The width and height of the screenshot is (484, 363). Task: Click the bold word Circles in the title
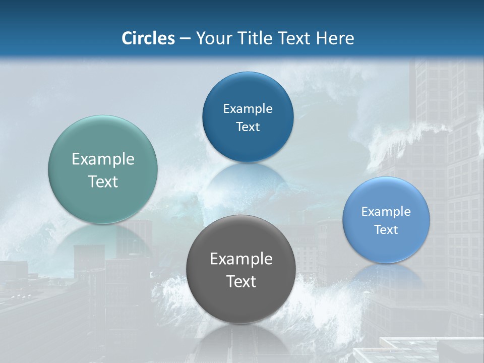click(148, 38)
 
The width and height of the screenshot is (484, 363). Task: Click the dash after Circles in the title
click(185, 39)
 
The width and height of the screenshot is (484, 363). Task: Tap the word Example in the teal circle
click(103, 159)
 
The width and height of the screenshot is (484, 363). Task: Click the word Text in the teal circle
click(103, 181)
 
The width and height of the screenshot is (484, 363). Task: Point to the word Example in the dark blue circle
click(248, 108)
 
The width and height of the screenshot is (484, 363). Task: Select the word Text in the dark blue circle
click(248, 127)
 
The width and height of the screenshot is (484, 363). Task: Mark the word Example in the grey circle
click(241, 259)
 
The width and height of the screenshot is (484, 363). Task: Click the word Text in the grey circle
click(241, 281)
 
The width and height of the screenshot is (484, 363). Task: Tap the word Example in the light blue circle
click(386, 212)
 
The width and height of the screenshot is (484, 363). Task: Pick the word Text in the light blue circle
click(386, 230)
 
